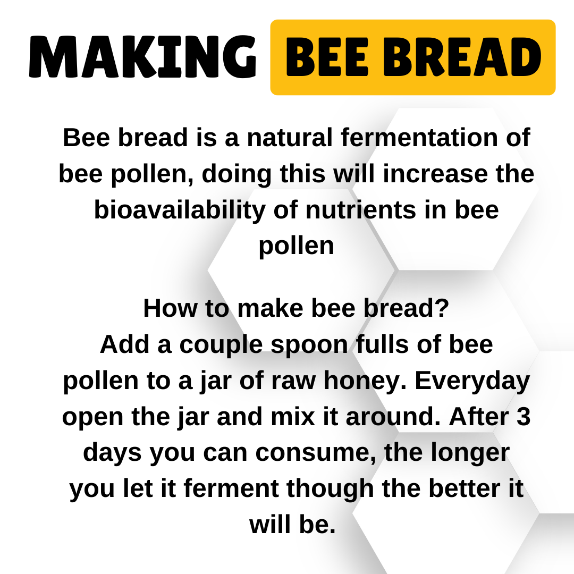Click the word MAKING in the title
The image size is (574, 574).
coord(142,57)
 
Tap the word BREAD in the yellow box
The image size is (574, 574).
coord(462,57)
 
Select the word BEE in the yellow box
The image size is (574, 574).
coord(326,57)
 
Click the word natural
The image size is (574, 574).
coord(290,137)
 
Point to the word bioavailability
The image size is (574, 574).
coord(180,210)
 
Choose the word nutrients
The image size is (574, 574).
coord(361,210)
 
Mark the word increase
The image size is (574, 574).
coord(435,173)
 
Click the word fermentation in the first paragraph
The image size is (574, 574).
coord(419,137)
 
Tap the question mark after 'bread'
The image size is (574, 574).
coord(443,308)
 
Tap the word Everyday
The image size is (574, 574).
coord(472,381)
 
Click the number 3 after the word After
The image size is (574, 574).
coord(524,416)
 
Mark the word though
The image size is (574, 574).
coord(330,489)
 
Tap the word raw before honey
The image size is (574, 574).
coord(293,381)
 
